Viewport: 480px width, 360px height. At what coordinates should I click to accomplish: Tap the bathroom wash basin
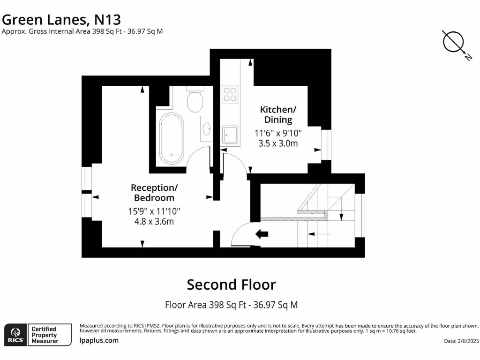tap(206, 127)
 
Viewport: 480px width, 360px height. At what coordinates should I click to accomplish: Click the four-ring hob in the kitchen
tap(230, 94)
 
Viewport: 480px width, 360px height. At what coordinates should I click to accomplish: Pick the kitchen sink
tap(230, 135)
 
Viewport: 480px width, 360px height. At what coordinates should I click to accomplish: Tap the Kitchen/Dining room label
tap(278, 114)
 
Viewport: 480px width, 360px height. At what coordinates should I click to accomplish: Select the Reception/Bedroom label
tap(154, 193)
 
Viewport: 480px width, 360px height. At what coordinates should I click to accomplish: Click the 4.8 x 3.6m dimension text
tap(154, 221)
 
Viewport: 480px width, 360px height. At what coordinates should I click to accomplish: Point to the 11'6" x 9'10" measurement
tap(278, 133)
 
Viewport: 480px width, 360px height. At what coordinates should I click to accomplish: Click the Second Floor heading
tap(232, 285)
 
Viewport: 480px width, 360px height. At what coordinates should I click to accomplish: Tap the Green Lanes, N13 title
tap(61, 19)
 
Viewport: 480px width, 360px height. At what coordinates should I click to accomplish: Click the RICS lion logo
tap(15, 334)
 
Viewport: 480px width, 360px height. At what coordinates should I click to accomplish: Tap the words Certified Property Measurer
tap(44, 335)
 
